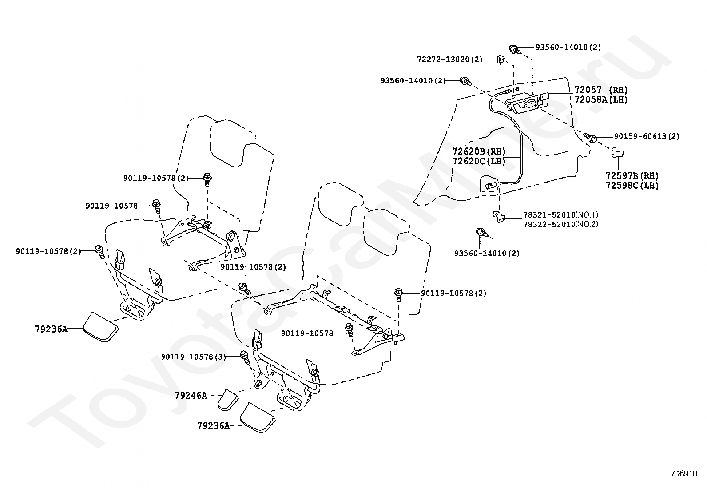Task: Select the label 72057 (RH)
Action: [x=601, y=90]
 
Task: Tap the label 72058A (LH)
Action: [x=601, y=100]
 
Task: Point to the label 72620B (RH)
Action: [x=479, y=151]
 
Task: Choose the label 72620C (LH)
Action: [x=479, y=161]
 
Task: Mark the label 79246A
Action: [x=191, y=395]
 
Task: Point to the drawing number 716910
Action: [x=684, y=473]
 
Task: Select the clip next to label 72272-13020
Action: [x=501, y=60]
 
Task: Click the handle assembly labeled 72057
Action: [x=528, y=103]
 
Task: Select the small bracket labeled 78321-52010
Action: [x=499, y=217]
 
